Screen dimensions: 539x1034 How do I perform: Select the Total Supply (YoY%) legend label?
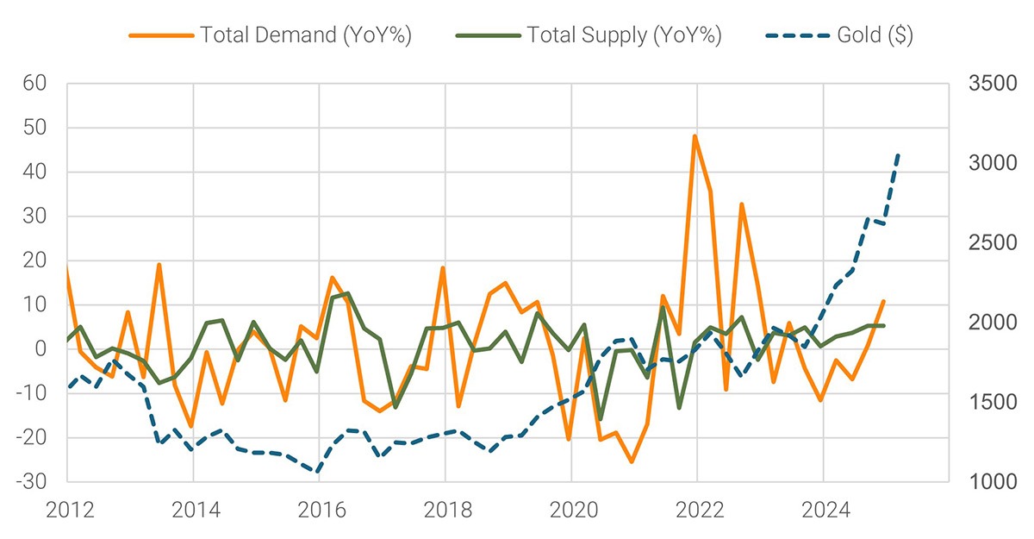(x=625, y=35)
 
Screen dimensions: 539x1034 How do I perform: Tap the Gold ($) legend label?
(x=865, y=35)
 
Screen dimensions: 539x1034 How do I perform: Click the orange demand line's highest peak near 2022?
(x=695, y=136)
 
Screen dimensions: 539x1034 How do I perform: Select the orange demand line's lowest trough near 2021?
(x=632, y=462)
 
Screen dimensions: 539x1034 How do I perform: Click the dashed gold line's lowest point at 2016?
(x=317, y=472)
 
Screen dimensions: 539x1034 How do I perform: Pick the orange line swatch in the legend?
(x=160, y=35)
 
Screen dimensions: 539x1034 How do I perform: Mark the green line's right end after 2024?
(x=883, y=325)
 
